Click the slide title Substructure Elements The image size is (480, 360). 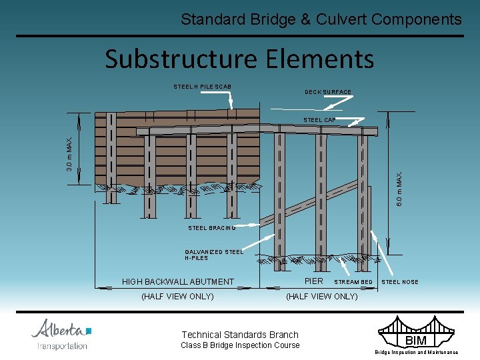[x=239, y=59]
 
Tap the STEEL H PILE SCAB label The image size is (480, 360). [x=202, y=87]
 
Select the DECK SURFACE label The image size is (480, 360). [x=328, y=92]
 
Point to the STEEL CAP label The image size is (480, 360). [x=319, y=120]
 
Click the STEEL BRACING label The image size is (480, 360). [x=212, y=228]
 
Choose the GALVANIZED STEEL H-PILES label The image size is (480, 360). [x=214, y=255]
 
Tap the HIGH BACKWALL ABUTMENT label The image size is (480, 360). [x=178, y=282]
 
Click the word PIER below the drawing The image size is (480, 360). [x=313, y=281]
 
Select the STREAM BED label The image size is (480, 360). [x=353, y=282]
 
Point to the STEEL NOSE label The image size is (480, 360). [x=400, y=282]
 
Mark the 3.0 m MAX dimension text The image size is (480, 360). [x=69, y=153]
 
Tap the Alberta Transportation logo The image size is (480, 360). [x=61, y=333]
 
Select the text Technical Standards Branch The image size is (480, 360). [x=240, y=335]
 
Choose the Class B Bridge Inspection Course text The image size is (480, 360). [x=240, y=345]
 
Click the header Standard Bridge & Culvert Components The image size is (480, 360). [x=321, y=19]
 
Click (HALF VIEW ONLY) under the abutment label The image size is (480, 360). [x=178, y=297]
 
